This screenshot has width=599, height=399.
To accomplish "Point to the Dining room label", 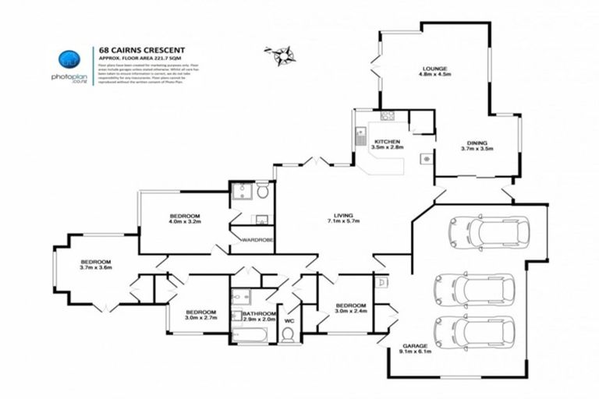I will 477,143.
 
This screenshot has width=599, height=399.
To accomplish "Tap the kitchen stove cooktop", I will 386,117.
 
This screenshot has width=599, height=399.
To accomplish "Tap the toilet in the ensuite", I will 263,191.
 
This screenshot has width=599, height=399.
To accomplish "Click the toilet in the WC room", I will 288,334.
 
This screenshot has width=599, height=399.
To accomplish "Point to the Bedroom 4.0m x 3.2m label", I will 186,218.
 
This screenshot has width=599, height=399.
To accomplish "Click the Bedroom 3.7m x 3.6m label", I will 96,265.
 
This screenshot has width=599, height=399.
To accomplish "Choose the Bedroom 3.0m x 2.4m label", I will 351,309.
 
